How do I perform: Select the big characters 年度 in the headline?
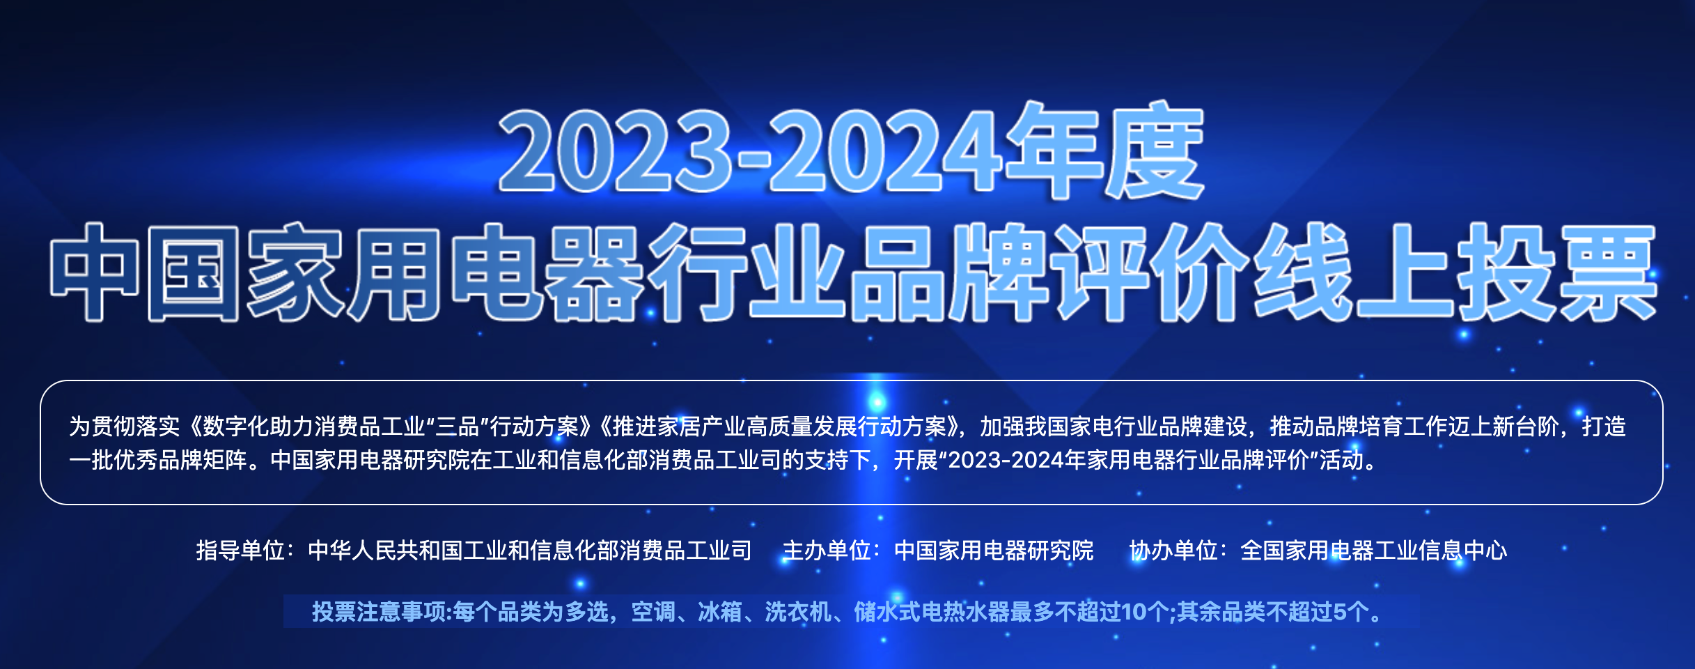click(x=1103, y=151)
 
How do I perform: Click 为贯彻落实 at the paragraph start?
click(x=125, y=426)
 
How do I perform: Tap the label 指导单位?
click(x=240, y=551)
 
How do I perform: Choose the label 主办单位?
click(x=827, y=551)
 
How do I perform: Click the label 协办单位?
click(x=1173, y=551)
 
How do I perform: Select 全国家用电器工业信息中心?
click(x=1374, y=551)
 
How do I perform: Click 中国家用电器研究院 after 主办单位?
click(x=994, y=551)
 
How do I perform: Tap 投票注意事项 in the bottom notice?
click(x=380, y=612)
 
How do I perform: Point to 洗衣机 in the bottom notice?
click(x=798, y=612)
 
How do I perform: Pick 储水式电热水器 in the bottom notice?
click(x=932, y=612)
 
